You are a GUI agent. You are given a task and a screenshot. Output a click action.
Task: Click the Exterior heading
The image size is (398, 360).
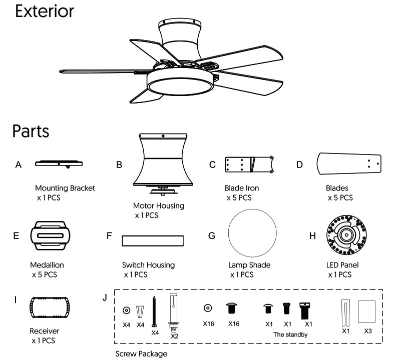45,12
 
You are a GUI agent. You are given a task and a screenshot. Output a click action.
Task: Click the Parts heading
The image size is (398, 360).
31,131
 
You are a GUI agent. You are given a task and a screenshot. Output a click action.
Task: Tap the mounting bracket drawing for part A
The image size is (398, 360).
59,162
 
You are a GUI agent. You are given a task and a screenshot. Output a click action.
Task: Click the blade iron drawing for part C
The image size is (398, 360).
249,163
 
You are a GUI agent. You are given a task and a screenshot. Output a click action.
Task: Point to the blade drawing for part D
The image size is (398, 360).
349,163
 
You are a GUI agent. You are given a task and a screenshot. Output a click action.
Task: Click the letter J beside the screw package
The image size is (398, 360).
105,297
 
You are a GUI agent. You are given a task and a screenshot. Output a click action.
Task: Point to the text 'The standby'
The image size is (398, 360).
290,334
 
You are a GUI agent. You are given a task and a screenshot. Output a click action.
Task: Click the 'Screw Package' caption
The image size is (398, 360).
141,353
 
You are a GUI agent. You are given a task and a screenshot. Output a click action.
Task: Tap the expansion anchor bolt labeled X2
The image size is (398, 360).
175,312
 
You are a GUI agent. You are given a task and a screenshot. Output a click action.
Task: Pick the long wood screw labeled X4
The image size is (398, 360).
155,310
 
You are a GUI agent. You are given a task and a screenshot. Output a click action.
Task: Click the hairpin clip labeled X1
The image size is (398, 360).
345,311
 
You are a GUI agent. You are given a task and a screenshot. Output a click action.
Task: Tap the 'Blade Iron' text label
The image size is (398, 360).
242,188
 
